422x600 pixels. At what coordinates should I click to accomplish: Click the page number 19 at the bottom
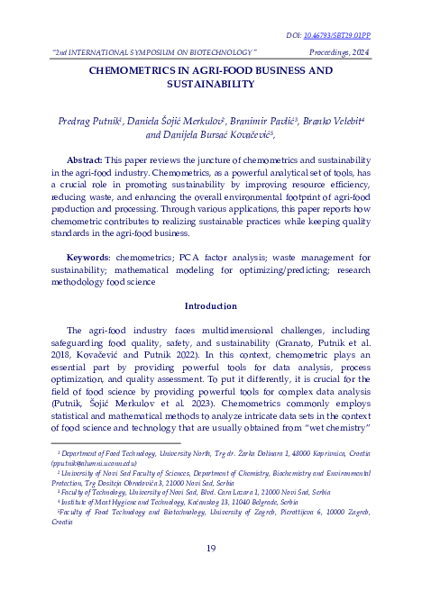click(211, 549)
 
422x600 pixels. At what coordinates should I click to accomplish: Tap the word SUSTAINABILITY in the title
click(211, 84)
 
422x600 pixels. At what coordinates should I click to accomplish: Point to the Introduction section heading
click(211, 305)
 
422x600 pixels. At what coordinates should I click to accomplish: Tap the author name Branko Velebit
click(333, 120)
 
